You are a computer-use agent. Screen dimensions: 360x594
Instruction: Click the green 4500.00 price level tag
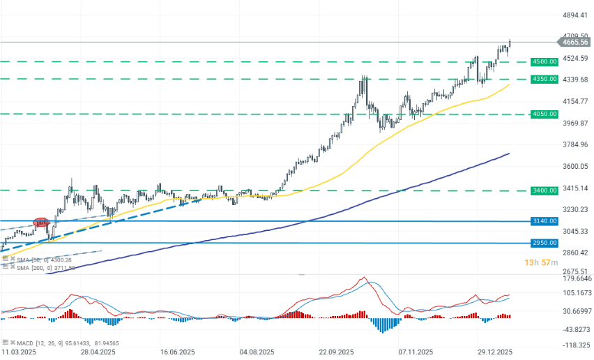tap(544, 61)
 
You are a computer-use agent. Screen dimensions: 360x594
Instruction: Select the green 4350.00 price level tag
tap(544, 79)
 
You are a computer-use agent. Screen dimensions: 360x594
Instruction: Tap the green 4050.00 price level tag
tap(544, 114)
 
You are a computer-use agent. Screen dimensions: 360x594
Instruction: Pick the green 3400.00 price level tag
tap(544, 190)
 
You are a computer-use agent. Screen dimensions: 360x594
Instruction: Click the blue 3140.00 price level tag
tap(544, 221)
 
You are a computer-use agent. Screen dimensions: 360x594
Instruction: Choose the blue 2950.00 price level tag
tap(544, 243)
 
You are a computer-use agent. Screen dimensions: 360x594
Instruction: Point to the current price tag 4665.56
tap(576, 42)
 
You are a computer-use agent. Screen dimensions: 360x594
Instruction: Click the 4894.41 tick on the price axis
tap(575, 15)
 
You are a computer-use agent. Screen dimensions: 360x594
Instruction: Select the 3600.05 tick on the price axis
tap(575, 167)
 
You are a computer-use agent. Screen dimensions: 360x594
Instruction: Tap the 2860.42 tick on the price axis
tap(575, 253)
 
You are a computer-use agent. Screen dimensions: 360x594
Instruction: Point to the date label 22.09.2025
tap(337, 352)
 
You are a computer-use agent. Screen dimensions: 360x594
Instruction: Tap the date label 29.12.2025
tap(495, 352)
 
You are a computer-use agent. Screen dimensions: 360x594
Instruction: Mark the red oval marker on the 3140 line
tap(41, 222)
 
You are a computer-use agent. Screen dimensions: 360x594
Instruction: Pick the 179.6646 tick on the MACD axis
tap(575, 278)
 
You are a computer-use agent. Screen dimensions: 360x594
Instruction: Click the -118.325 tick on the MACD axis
tap(575, 345)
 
